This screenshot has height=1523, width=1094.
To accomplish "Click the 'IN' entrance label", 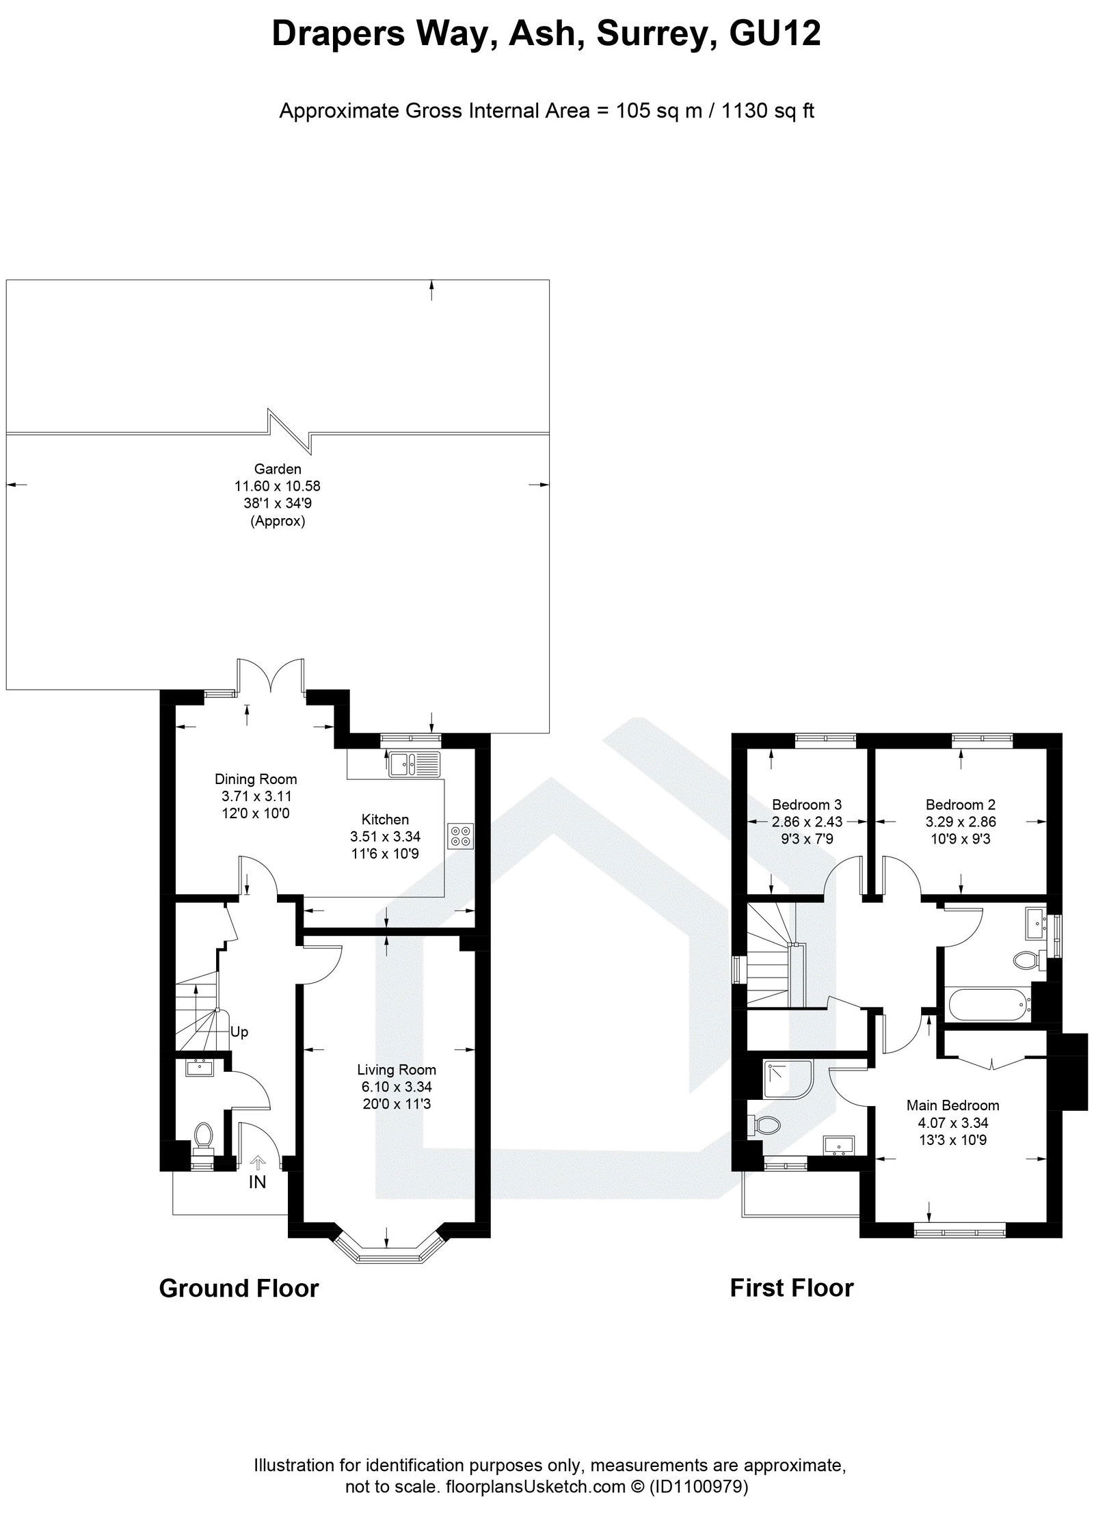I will coord(257,1182).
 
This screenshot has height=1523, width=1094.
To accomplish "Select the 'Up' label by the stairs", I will coord(239,1032).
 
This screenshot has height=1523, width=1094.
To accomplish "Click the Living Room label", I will coord(396,1070).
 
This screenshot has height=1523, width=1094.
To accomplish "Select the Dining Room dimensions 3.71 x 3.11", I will coord(256,796).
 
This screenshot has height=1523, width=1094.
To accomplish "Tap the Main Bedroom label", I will coord(952,1105).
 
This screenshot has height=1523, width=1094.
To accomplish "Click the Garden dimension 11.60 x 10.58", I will coord(277,486).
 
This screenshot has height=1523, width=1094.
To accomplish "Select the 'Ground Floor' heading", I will coord(239,1289).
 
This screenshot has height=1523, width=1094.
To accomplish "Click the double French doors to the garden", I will coord(271,675).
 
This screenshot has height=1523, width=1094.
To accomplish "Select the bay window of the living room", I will coord(388,1253).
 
